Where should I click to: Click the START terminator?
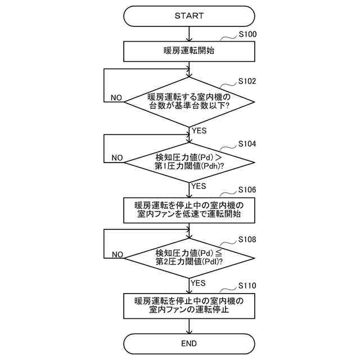tap(189, 16)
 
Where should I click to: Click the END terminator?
tap(189, 343)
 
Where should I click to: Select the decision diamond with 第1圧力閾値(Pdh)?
tap(189, 161)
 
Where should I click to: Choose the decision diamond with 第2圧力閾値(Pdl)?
tap(189, 258)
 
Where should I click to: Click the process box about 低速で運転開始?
tap(189, 209)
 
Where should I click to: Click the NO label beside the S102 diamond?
tap(116, 98)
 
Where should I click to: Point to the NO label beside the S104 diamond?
tap(116, 158)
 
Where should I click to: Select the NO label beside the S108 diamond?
tap(116, 254)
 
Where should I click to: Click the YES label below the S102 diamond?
tap(200, 130)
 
